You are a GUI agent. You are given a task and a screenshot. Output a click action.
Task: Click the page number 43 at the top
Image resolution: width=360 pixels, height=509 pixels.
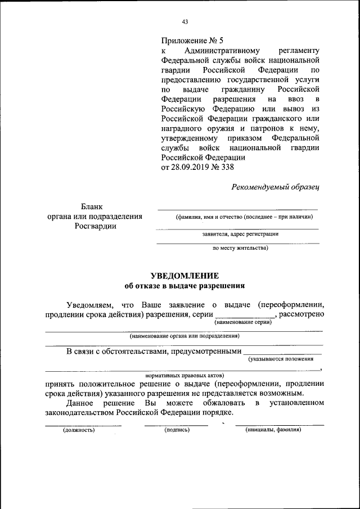coord(184,22)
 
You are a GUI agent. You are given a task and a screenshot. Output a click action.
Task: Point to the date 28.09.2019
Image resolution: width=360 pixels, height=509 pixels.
coord(191,167)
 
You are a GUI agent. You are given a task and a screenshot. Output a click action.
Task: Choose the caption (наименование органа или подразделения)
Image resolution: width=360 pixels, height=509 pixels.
coord(184,336)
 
